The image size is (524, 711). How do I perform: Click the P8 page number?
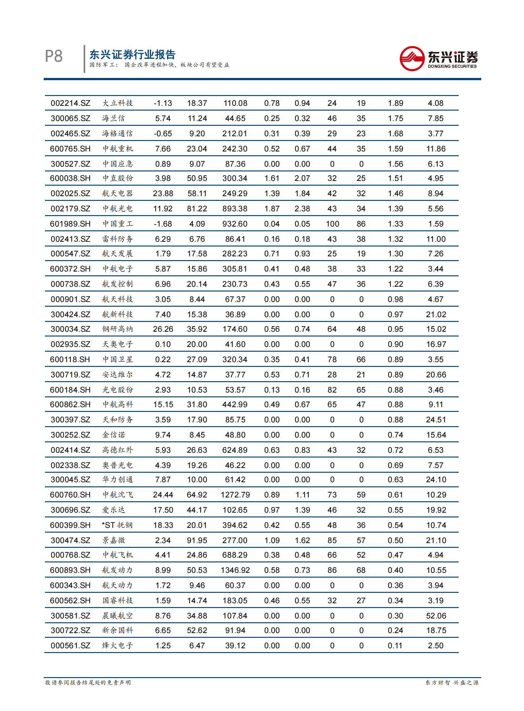54,56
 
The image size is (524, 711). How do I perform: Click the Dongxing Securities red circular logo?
412,58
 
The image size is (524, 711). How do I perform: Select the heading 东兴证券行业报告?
132,54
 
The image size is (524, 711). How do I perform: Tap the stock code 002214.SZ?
70,103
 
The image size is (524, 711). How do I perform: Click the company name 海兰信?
113,118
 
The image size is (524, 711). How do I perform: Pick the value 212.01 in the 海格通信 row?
234,134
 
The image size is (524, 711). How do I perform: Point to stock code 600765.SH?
70,149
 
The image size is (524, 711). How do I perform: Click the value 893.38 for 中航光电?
234,208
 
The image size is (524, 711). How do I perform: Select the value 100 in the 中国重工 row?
332,224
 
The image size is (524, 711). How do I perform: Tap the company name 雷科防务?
117,239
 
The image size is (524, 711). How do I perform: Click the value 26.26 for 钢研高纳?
163,329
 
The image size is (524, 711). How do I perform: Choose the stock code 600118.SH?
70,360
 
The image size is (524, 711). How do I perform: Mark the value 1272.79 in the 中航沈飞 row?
235,495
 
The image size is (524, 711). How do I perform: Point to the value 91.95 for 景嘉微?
197,540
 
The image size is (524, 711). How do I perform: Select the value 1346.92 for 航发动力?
235,570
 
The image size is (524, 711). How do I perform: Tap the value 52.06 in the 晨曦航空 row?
436,616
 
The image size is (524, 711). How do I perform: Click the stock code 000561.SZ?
70,646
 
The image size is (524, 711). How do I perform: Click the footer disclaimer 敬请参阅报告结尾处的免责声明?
88,683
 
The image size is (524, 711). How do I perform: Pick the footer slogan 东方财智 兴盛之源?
451,683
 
